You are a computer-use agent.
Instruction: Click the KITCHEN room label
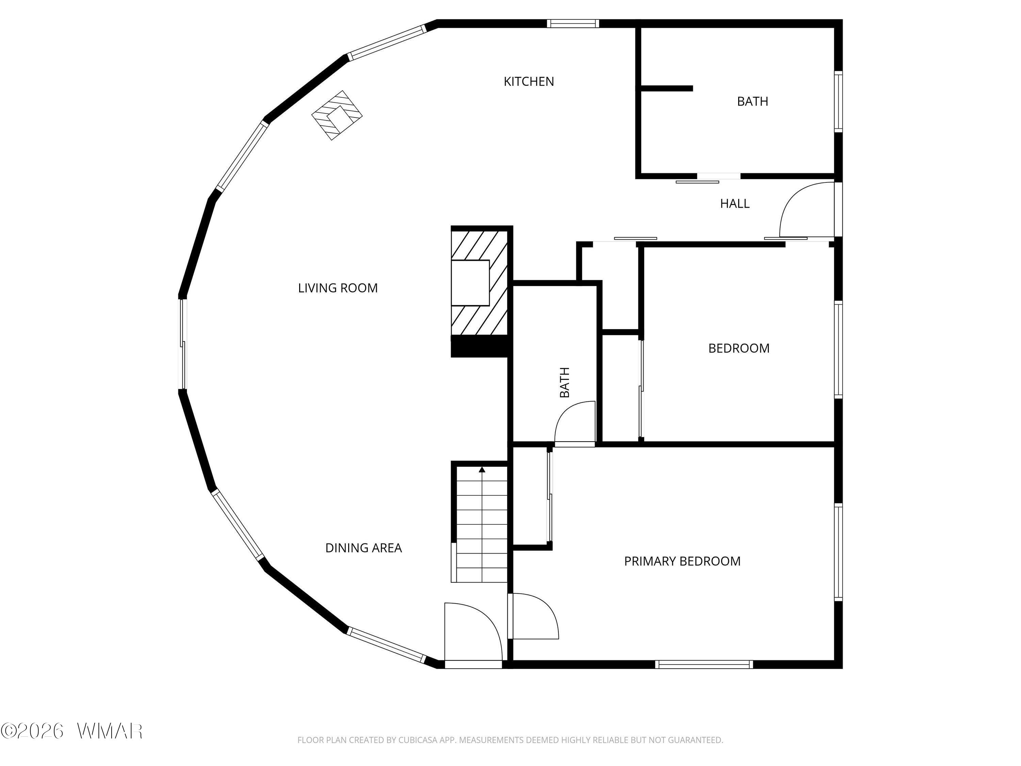[x=529, y=82]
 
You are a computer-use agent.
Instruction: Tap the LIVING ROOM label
[x=338, y=288]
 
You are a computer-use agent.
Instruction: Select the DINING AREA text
[x=364, y=548]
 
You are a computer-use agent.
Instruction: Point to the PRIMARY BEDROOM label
[x=682, y=561]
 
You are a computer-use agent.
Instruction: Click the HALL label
[x=735, y=204]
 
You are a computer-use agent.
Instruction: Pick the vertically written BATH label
[x=565, y=382]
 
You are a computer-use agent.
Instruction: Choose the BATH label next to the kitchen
[x=752, y=101]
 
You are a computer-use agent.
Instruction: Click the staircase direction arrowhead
[x=482, y=469]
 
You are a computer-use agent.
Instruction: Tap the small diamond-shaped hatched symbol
[x=337, y=115]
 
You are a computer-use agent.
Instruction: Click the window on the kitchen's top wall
[x=573, y=23]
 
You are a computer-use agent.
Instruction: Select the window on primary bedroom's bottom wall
[x=704, y=665]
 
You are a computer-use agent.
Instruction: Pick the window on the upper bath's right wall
[x=839, y=101]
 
